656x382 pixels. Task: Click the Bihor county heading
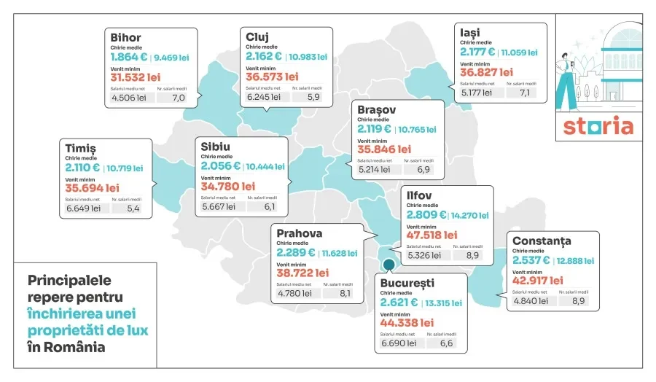click(x=125, y=38)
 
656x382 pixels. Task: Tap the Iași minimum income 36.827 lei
click(x=486, y=72)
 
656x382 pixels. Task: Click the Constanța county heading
click(x=542, y=241)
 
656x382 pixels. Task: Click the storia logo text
click(x=598, y=126)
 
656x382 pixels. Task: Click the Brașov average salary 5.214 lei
click(x=376, y=169)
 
